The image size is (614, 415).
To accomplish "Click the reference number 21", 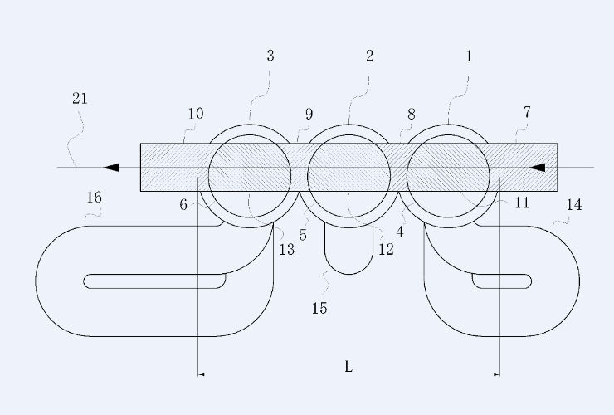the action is click(x=80, y=99).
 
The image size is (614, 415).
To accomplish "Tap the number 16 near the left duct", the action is click(x=94, y=197).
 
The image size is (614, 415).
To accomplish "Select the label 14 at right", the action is click(x=574, y=204).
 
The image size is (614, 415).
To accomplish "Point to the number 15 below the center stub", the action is click(x=319, y=309).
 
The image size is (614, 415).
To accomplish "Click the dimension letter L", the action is click(x=348, y=367).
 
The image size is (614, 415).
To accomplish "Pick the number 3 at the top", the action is click(x=270, y=56).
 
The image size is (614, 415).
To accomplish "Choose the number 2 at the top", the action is click(x=370, y=56).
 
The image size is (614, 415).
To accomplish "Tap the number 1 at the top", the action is click(x=469, y=56).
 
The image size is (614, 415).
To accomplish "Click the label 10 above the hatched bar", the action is click(x=196, y=114).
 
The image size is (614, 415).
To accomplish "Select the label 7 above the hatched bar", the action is click(x=527, y=113).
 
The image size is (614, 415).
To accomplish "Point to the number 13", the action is click(x=286, y=249).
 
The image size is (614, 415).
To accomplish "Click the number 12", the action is click(x=386, y=249).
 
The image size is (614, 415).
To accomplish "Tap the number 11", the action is click(x=522, y=203).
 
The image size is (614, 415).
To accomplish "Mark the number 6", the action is click(x=183, y=204).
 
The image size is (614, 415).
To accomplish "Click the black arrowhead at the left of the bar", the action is click(x=111, y=168).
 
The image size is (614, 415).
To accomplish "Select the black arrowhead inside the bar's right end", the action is click(x=537, y=168).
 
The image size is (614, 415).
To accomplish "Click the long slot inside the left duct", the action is click(x=154, y=281).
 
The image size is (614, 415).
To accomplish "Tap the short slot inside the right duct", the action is click(x=502, y=281).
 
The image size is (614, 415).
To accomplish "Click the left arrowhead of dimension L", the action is click(x=202, y=374).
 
